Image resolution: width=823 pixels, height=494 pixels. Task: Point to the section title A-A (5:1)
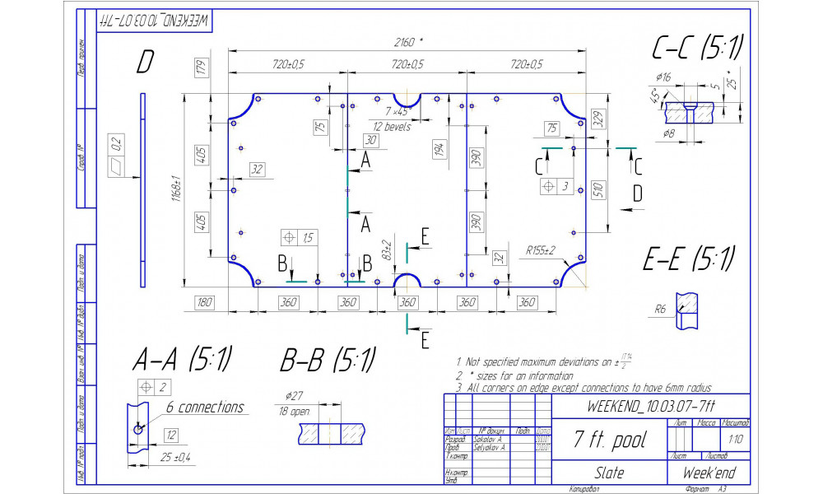(182, 359)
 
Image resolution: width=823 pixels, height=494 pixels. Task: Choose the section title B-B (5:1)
(328, 360)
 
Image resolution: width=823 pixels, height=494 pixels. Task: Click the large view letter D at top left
(145, 63)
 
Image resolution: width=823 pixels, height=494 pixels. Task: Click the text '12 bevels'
(392, 127)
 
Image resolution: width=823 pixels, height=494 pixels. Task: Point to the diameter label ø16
(663, 78)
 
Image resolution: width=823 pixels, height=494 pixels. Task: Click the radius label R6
(659, 310)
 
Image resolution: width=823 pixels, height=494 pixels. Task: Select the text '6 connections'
(205, 408)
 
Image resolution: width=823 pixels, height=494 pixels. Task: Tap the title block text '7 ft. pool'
(610, 439)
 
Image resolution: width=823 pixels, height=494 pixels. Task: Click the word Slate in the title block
(609, 473)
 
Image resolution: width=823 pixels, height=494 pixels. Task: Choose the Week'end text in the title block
(709, 473)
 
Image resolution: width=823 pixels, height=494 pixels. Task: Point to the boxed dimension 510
(598, 190)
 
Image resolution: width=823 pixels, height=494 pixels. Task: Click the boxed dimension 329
(598, 119)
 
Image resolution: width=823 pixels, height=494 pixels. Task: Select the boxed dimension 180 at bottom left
(203, 302)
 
